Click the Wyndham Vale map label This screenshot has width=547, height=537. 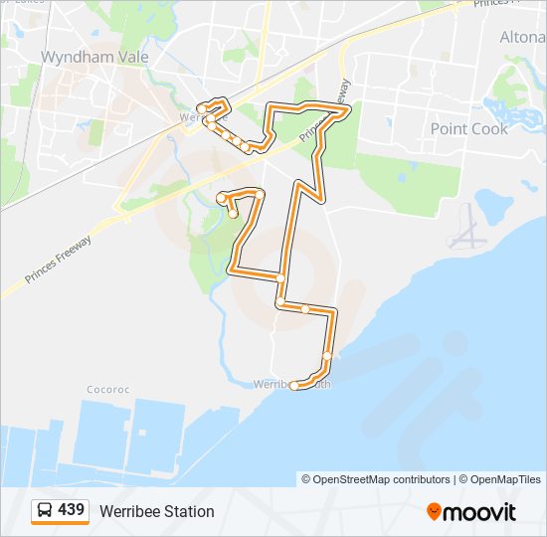(94, 57)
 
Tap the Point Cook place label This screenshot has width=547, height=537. (468, 128)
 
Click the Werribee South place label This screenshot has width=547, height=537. (290, 384)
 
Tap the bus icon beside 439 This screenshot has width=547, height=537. (44, 511)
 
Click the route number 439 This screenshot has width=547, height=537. (71, 510)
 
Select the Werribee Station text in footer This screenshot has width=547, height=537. (156, 511)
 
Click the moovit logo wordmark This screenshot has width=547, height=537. (480, 512)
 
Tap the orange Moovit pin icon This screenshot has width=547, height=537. (434, 512)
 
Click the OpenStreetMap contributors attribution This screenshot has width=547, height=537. (382, 479)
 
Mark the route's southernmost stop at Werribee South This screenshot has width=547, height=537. (294, 386)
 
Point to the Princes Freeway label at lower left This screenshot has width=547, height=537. (60, 262)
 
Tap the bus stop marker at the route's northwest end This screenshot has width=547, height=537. (202, 108)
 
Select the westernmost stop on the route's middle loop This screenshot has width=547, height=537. (222, 199)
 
